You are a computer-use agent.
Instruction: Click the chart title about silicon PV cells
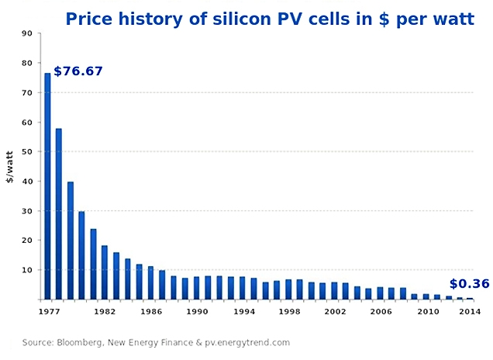point(269,18)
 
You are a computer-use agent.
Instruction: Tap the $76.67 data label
point(78,71)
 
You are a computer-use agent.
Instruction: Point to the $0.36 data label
point(469,284)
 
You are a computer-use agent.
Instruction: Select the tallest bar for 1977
point(47,186)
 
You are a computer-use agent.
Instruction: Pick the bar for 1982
point(105,272)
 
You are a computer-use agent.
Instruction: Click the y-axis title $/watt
point(10,167)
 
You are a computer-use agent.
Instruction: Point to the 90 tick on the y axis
point(27,33)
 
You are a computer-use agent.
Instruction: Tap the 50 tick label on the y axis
point(27,152)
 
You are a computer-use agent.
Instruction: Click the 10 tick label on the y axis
point(27,270)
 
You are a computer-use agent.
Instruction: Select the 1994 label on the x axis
point(243,311)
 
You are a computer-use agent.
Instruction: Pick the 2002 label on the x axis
point(335,311)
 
